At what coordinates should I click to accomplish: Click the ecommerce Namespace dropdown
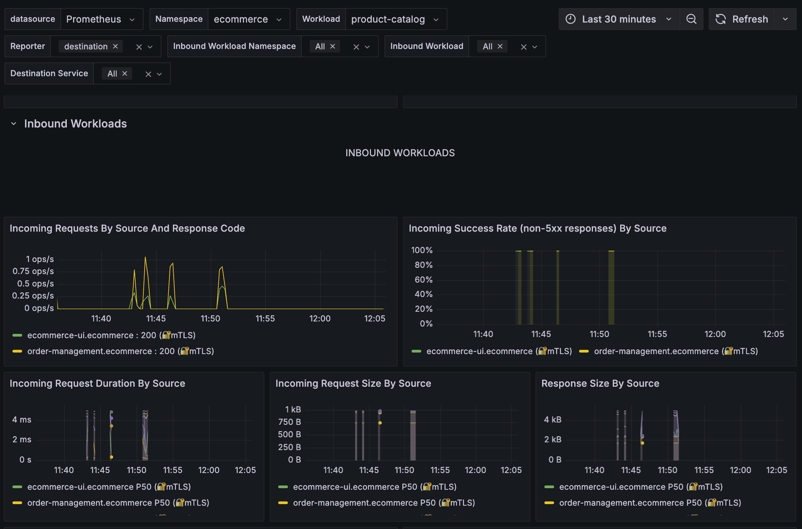click(249, 19)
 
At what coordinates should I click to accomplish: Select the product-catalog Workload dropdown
click(396, 19)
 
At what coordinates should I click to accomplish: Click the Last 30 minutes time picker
click(619, 19)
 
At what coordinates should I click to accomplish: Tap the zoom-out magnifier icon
click(691, 19)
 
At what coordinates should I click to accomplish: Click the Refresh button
click(742, 19)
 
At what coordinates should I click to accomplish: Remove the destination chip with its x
click(115, 46)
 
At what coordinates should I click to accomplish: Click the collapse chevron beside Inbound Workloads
click(14, 124)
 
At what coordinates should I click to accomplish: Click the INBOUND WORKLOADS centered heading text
click(400, 153)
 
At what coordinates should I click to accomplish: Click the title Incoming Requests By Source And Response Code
click(127, 228)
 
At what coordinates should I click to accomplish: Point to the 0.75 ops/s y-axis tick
click(33, 271)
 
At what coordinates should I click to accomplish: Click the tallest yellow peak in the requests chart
click(145, 257)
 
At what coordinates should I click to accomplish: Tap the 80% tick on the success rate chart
click(424, 265)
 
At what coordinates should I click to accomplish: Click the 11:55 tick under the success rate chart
click(657, 334)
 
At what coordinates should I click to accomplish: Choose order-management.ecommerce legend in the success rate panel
click(668, 351)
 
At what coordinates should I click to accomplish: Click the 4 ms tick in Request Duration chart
click(22, 419)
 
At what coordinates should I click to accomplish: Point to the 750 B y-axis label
click(289, 422)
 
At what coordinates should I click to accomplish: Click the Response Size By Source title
click(600, 383)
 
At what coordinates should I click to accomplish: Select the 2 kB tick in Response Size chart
click(553, 439)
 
